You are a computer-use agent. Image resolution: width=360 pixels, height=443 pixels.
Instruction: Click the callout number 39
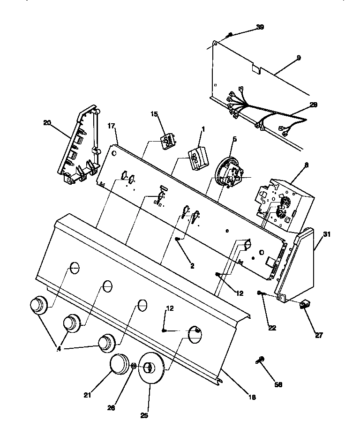coord(260,27)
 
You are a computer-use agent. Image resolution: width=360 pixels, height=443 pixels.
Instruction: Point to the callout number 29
coord(313,105)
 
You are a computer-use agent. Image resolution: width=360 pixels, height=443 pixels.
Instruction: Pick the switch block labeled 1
coord(197,157)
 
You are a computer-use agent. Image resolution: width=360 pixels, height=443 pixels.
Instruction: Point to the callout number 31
coord(326,234)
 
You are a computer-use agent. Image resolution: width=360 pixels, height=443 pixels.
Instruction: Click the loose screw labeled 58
coord(261,360)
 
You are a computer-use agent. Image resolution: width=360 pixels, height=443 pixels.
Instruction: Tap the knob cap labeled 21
coord(121,364)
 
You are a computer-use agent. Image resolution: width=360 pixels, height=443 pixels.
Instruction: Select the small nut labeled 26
coord(134,366)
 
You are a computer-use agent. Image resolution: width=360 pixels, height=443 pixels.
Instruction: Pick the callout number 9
coord(299,57)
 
